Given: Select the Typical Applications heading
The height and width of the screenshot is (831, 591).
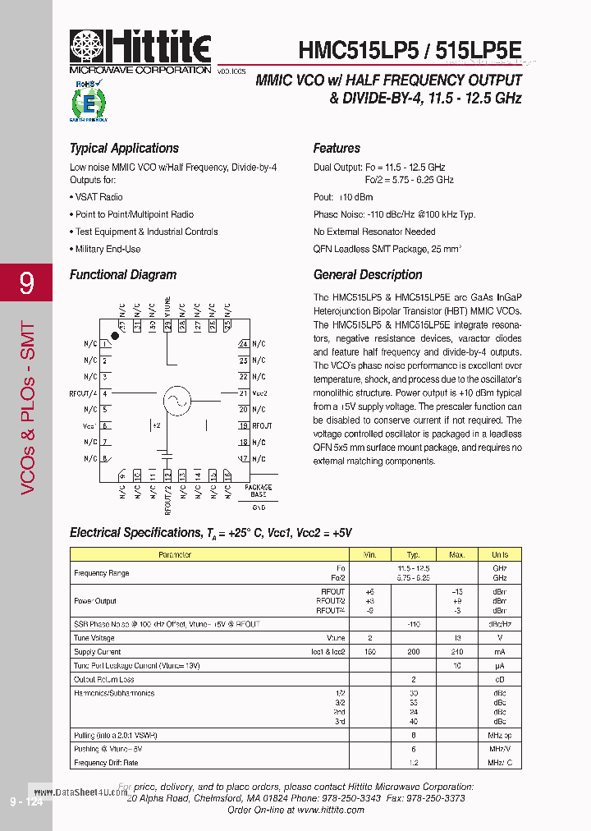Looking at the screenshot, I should tap(124, 149).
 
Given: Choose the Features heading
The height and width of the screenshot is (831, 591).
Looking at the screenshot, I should tap(337, 149).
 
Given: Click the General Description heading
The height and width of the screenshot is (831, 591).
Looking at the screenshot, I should tap(368, 275).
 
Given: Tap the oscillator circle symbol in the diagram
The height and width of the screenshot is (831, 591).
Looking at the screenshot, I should tap(176, 401).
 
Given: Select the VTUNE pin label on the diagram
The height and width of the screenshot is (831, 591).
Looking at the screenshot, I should tap(167, 306).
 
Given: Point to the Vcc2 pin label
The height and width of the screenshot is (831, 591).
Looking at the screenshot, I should tap(260, 393).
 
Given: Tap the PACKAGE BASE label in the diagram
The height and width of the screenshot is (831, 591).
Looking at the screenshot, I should tap(259, 491).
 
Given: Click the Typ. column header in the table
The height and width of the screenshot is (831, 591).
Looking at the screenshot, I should tap(414, 555).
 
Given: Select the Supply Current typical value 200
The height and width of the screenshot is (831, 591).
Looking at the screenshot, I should tap(414, 651).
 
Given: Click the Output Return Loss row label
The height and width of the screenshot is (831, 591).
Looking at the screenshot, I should tap(104, 679).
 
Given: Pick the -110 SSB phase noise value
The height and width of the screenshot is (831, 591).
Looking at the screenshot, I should tap(414, 624).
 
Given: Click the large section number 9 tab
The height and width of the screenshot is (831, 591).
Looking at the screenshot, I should tap(26, 284).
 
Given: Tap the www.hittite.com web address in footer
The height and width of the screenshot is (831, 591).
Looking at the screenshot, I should tap(330, 810).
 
